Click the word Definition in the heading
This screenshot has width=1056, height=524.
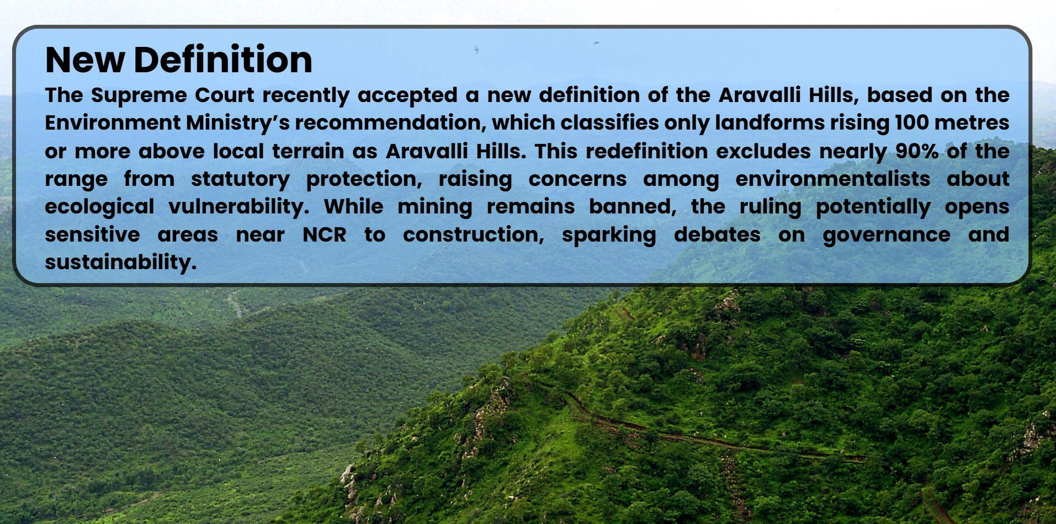tap(222, 60)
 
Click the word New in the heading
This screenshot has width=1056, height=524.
tap(85, 60)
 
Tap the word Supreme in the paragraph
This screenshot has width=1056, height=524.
tap(139, 95)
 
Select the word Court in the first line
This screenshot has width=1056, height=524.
tap(225, 95)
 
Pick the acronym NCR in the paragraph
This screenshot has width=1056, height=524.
tap(325, 235)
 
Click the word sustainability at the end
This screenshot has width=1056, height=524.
tap(120, 263)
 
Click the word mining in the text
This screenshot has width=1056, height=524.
tap(435, 207)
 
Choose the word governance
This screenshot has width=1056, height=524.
tap(887, 236)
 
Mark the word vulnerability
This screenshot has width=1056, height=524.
tap(238, 207)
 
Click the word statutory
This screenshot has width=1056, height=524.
tap(240, 180)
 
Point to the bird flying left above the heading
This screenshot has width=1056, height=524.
tap(476, 50)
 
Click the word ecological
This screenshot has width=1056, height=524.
tap(99, 207)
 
